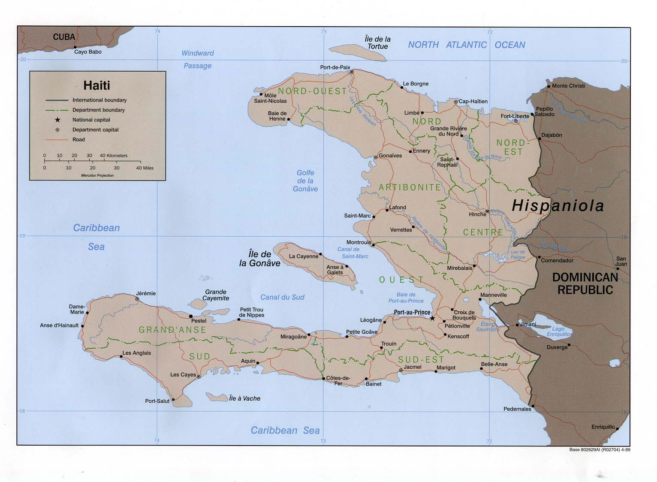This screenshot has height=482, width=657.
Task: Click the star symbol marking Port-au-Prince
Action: coord(432,318)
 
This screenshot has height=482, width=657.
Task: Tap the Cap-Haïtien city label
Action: coord(473,101)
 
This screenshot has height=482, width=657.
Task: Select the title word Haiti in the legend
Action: coord(96,85)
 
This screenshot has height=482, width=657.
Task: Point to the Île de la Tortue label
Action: coord(377,43)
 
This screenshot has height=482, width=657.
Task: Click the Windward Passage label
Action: coord(197,59)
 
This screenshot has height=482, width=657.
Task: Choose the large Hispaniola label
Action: coord(558,206)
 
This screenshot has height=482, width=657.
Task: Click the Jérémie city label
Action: coord(146,293)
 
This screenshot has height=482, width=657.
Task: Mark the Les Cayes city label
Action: coord(183,374)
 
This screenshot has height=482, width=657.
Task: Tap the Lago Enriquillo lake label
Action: coord(558,331)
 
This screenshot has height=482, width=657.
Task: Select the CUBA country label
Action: coord(64,37)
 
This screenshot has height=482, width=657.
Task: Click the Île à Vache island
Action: coord(217,398)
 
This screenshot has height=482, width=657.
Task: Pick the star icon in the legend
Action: coord(57,120)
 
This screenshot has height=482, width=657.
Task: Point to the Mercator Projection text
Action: coord(97,175)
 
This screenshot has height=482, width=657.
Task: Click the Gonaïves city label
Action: coord(390,156)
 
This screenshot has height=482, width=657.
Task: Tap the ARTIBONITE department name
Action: coord(410,187)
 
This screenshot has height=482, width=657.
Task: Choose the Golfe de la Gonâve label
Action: coord(305,181)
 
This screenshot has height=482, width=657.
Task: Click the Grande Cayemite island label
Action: coord(216,295)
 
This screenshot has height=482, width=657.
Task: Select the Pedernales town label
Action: coord(517,409)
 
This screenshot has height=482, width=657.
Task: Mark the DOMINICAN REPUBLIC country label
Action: coord(585,283)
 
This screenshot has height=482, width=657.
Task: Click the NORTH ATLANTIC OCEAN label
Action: coord(466,45)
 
